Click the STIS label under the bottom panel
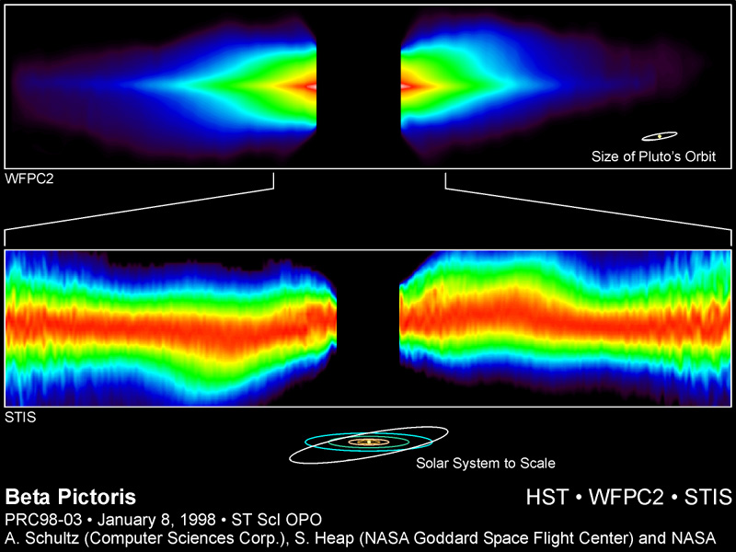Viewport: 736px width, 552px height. point(19,416)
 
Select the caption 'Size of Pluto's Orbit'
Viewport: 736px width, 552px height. point(653,156)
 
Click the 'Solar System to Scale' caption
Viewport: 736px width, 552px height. point(485,463)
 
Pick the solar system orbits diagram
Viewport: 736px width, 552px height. point(370,443)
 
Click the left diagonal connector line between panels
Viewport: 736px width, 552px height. point(138,206)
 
